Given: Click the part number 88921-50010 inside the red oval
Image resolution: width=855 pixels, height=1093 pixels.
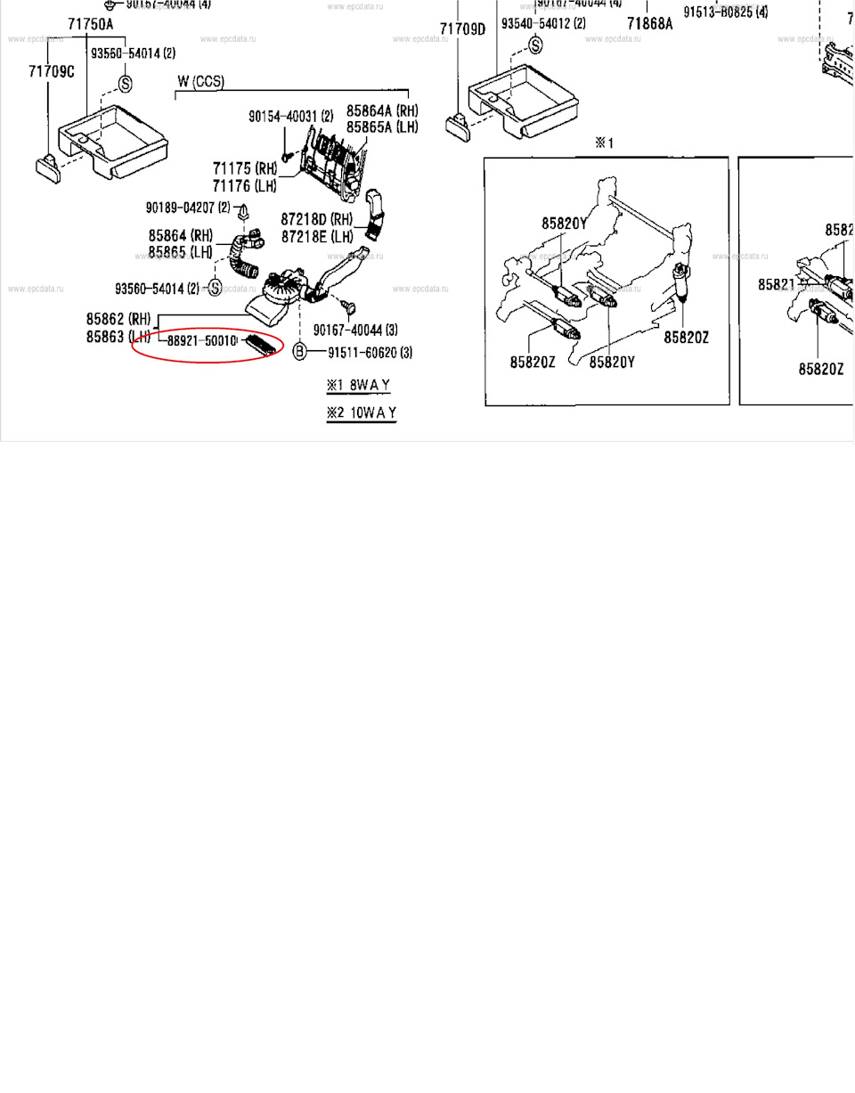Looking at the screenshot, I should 201,340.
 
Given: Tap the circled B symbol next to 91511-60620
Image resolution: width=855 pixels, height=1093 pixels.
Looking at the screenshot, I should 299,352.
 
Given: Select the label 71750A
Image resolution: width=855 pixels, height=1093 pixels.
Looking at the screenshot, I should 91,24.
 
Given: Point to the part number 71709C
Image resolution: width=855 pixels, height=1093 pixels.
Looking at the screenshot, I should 51,71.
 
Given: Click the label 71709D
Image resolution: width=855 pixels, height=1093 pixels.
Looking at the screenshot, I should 463,29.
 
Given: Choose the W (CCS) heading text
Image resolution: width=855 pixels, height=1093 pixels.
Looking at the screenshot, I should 200,82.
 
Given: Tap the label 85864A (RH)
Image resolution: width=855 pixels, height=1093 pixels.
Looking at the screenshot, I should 382,111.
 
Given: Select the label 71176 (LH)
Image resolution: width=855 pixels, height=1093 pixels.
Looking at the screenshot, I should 244,185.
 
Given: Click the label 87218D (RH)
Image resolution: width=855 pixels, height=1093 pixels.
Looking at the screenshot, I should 317,219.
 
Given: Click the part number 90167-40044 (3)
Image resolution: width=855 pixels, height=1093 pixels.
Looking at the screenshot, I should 354,330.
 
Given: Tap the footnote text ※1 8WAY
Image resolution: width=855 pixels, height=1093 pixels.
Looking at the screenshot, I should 358,385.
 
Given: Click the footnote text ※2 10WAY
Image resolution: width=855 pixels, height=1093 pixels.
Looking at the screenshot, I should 361,412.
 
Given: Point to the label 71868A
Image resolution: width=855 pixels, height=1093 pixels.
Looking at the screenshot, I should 649,24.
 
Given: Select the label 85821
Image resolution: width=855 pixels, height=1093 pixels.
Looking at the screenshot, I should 776,284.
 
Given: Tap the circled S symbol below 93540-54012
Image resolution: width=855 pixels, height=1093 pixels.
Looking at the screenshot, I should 535,45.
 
